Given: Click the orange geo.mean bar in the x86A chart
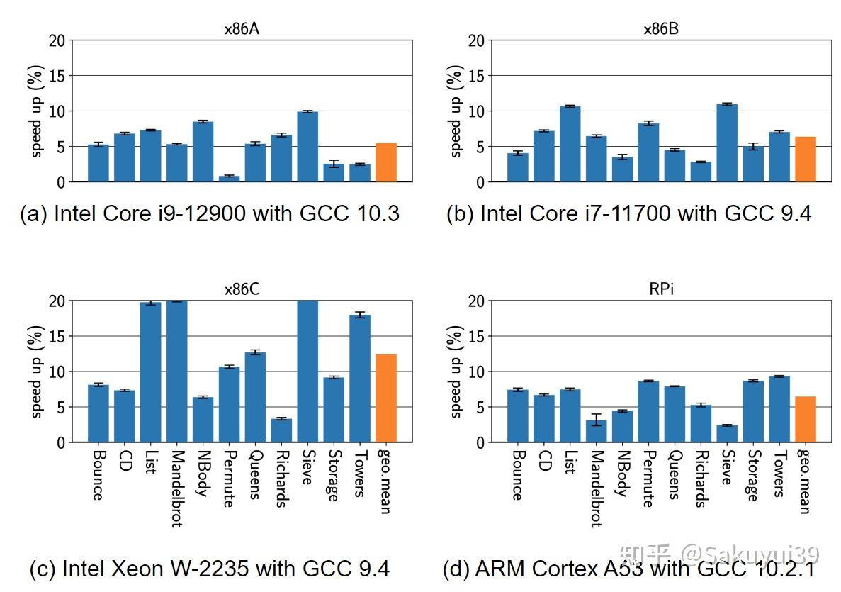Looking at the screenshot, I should [x=385, y=162].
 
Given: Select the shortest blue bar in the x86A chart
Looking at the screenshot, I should [x=229, y=179].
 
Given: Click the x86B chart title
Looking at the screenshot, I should [x=660, y=29].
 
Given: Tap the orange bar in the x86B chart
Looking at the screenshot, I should [x=806, y=160].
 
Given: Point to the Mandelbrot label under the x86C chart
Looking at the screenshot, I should [x=177, y=488].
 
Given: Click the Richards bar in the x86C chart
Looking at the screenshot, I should [x=281, y=430].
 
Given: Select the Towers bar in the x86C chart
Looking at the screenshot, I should [x=359, y=379].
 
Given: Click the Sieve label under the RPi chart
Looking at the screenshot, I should [x=727, y=467].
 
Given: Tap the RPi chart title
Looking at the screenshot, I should [x=660, y=290].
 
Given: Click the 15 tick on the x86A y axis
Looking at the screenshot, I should [x=57, y=76].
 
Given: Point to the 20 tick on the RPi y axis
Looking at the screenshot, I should [x=477, y=301].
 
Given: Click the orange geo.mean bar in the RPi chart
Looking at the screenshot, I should [x=806, y=419].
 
